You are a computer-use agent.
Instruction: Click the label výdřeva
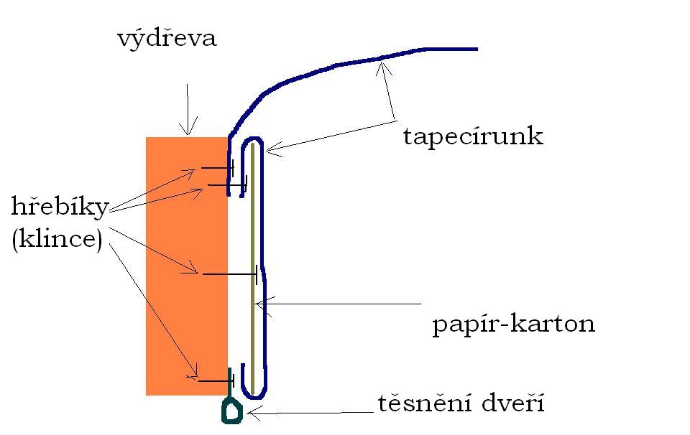[x=167, y=38]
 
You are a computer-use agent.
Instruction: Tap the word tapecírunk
[x=472, y=136]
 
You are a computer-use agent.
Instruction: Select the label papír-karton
[x=513, y=324]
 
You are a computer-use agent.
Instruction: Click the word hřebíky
[x=60, y=208]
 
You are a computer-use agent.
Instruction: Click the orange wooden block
[x=186, y=266]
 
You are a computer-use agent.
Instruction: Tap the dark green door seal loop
[x=232, y=411]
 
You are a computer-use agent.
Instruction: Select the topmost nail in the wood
[x=217, y=168]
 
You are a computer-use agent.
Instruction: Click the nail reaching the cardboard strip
[x=230, y=274]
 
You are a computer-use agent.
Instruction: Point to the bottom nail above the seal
[x=216, y=380]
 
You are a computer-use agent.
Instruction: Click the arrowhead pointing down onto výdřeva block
[x=188, y=131]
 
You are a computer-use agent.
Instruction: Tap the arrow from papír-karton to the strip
[x=338, y=304]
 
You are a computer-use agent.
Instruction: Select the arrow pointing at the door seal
[x=309, y=413]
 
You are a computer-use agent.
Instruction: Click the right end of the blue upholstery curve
[x=476, y=49]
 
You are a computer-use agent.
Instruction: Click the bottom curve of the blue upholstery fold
[x=254, y=395]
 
